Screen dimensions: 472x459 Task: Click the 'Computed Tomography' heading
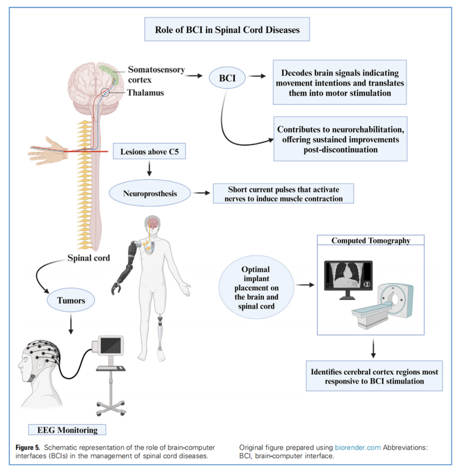coord(370,241)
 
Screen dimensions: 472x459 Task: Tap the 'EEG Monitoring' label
coord(71,430)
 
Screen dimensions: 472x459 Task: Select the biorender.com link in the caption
coord(357,447)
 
